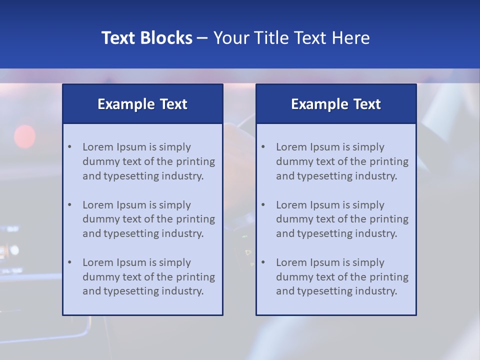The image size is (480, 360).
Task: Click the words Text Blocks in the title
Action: pyautogui.click(x=146, y=38)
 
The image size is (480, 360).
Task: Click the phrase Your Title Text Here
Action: pyautogui.click(x=291, y=38)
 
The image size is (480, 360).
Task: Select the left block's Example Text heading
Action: pyautogui.click(x=142, y=104)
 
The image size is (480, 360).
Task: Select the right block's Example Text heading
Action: pyautogui.click(x=336, y=104)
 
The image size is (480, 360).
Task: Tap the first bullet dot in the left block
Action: pyautogui.click(x=70, y=147)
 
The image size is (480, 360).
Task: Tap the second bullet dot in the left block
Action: pyautogui.click(x=70, y=205)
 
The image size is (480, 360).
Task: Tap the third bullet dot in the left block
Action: pyautogui.click(x=70, y=262)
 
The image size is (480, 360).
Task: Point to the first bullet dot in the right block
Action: pyautogui.click(x=263, y=147)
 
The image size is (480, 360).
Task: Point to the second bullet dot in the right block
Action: pyautogui.click(x=263, y=205)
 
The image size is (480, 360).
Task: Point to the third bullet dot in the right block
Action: pyautogui.click(x=263, y=262)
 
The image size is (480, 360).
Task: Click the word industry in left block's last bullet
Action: pyautogui.click(x=183, y=291)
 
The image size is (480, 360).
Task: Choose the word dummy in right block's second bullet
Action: pyautogui.click(x=292, y=219)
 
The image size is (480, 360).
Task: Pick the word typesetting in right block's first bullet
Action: pyautogui.click(x=323, y=176)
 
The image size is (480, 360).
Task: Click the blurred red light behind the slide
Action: pyautogui.click(x=24, y=136)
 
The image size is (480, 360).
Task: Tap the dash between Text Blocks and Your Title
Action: pyautogui.click(x=202, y=38)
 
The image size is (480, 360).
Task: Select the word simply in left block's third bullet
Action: pyautogui.click(x=175, y=262)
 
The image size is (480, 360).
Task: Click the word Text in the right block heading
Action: pyautogui.click(x=367, y=104)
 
